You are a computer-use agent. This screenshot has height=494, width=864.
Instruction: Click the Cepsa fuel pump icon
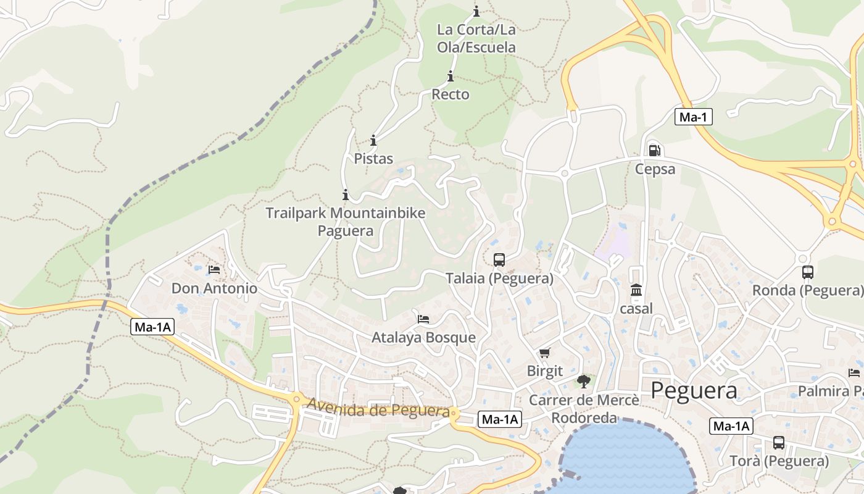pyautogui.click(x=655, y=150)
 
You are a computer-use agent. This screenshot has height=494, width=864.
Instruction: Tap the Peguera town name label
pyautogui.click(x=694, y=390)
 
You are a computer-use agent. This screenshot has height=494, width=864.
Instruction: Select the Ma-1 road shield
pyautogui.click(x=694, y=117)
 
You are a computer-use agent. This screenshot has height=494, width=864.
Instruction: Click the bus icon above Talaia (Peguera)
pyautogui.click(x=499, y=260)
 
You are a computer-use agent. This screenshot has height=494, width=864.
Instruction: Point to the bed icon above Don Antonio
pyautogui.click(x=214, y=270)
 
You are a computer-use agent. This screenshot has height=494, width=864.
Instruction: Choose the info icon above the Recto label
pyautogui.click(x=451, y=77)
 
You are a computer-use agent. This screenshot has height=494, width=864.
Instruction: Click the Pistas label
pyautogui.click(x=373, y=159)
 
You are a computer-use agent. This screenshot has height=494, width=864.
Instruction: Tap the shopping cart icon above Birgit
pyautogui.click(x=544, y=353)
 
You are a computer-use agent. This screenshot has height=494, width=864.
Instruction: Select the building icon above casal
pyautogui.click(x=636, y=290)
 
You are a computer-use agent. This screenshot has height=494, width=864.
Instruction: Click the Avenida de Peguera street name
pyautogui.click(x=378, y=408)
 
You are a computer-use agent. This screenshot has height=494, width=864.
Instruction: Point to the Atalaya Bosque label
pyautogui.click(x=423, y=338)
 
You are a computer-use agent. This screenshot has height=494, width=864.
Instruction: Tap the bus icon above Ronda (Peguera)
pyautogui.click(x=807, y=272)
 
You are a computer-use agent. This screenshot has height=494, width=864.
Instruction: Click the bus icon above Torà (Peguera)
pyautogui.click(x=779, y=443)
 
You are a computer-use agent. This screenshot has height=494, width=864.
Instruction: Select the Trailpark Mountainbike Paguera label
pyautogui.click(x=345, y=222)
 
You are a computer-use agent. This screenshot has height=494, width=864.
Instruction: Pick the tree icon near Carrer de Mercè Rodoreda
pyautogui.click(x=584, y=382)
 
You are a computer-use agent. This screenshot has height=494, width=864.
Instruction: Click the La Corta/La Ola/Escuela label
pyautogui.click(x=476, y=38)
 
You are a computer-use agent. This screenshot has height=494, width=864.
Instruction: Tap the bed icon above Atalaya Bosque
pyautogui.click(x=423, y=319)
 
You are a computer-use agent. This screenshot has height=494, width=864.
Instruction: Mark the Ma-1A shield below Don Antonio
pyautogui.click(x=152, y=327)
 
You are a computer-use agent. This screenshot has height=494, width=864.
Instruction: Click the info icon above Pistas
pyautogui.click(x=373, y=140)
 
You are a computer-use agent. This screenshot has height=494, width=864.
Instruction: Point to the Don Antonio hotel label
pyautogui.click(x=214, y=288)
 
